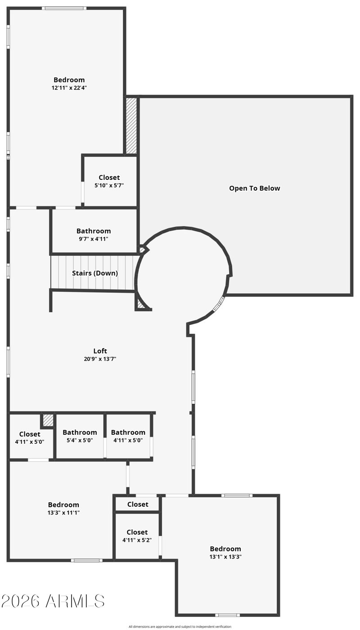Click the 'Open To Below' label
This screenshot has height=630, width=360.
[254, 188]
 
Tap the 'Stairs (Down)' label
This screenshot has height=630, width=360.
[95, 273]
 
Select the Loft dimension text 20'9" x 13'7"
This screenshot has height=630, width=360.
[100, 358]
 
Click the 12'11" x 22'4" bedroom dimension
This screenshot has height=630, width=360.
[69, 88]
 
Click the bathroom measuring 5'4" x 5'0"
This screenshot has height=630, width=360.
[80, 436]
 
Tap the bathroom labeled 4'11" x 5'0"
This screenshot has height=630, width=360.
[128, 436]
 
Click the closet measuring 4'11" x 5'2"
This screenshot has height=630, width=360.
[137, 536]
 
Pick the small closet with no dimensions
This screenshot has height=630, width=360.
[137, 504]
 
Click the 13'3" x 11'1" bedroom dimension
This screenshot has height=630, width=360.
[63, 513]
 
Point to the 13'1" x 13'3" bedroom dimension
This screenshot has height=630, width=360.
[225, 557]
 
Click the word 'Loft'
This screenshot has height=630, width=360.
[100, 351]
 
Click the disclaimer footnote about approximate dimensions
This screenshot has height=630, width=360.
[180, 626]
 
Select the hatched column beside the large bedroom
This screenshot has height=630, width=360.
[131, 125]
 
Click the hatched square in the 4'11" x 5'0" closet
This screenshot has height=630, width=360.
[48, 420]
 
